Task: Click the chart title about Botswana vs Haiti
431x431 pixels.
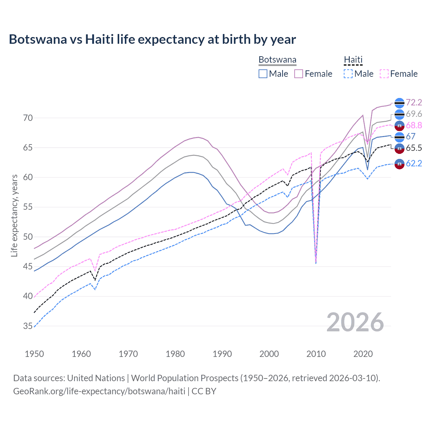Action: [152, 39]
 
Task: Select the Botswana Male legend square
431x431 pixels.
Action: [263, 74]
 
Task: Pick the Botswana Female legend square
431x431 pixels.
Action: [299, 74]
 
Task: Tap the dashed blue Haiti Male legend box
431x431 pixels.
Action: [348, 74]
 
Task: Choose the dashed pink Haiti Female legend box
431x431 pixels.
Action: [384, 74]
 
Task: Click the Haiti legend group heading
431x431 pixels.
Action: [353, 60]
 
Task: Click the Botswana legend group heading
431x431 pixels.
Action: [277, 60]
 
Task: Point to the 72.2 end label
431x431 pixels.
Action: [414, 103]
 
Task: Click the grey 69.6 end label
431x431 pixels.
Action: [414, 114]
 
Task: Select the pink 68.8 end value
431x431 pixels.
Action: [414, 126]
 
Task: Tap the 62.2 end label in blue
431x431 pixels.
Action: [414, 164]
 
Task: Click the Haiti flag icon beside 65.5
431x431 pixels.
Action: [399, 148]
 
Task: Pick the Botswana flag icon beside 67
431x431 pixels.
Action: [399, 137]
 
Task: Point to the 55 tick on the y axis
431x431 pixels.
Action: [28, 207]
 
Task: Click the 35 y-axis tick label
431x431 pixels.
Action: [28, 326]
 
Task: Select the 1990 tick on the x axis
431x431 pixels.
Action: [222, 354]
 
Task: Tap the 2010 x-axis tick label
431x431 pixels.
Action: [316, 354]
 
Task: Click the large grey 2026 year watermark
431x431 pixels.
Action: [355, 322]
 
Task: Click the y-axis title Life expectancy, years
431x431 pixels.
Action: [14, 215]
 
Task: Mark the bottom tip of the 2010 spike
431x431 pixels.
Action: [316, 263]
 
